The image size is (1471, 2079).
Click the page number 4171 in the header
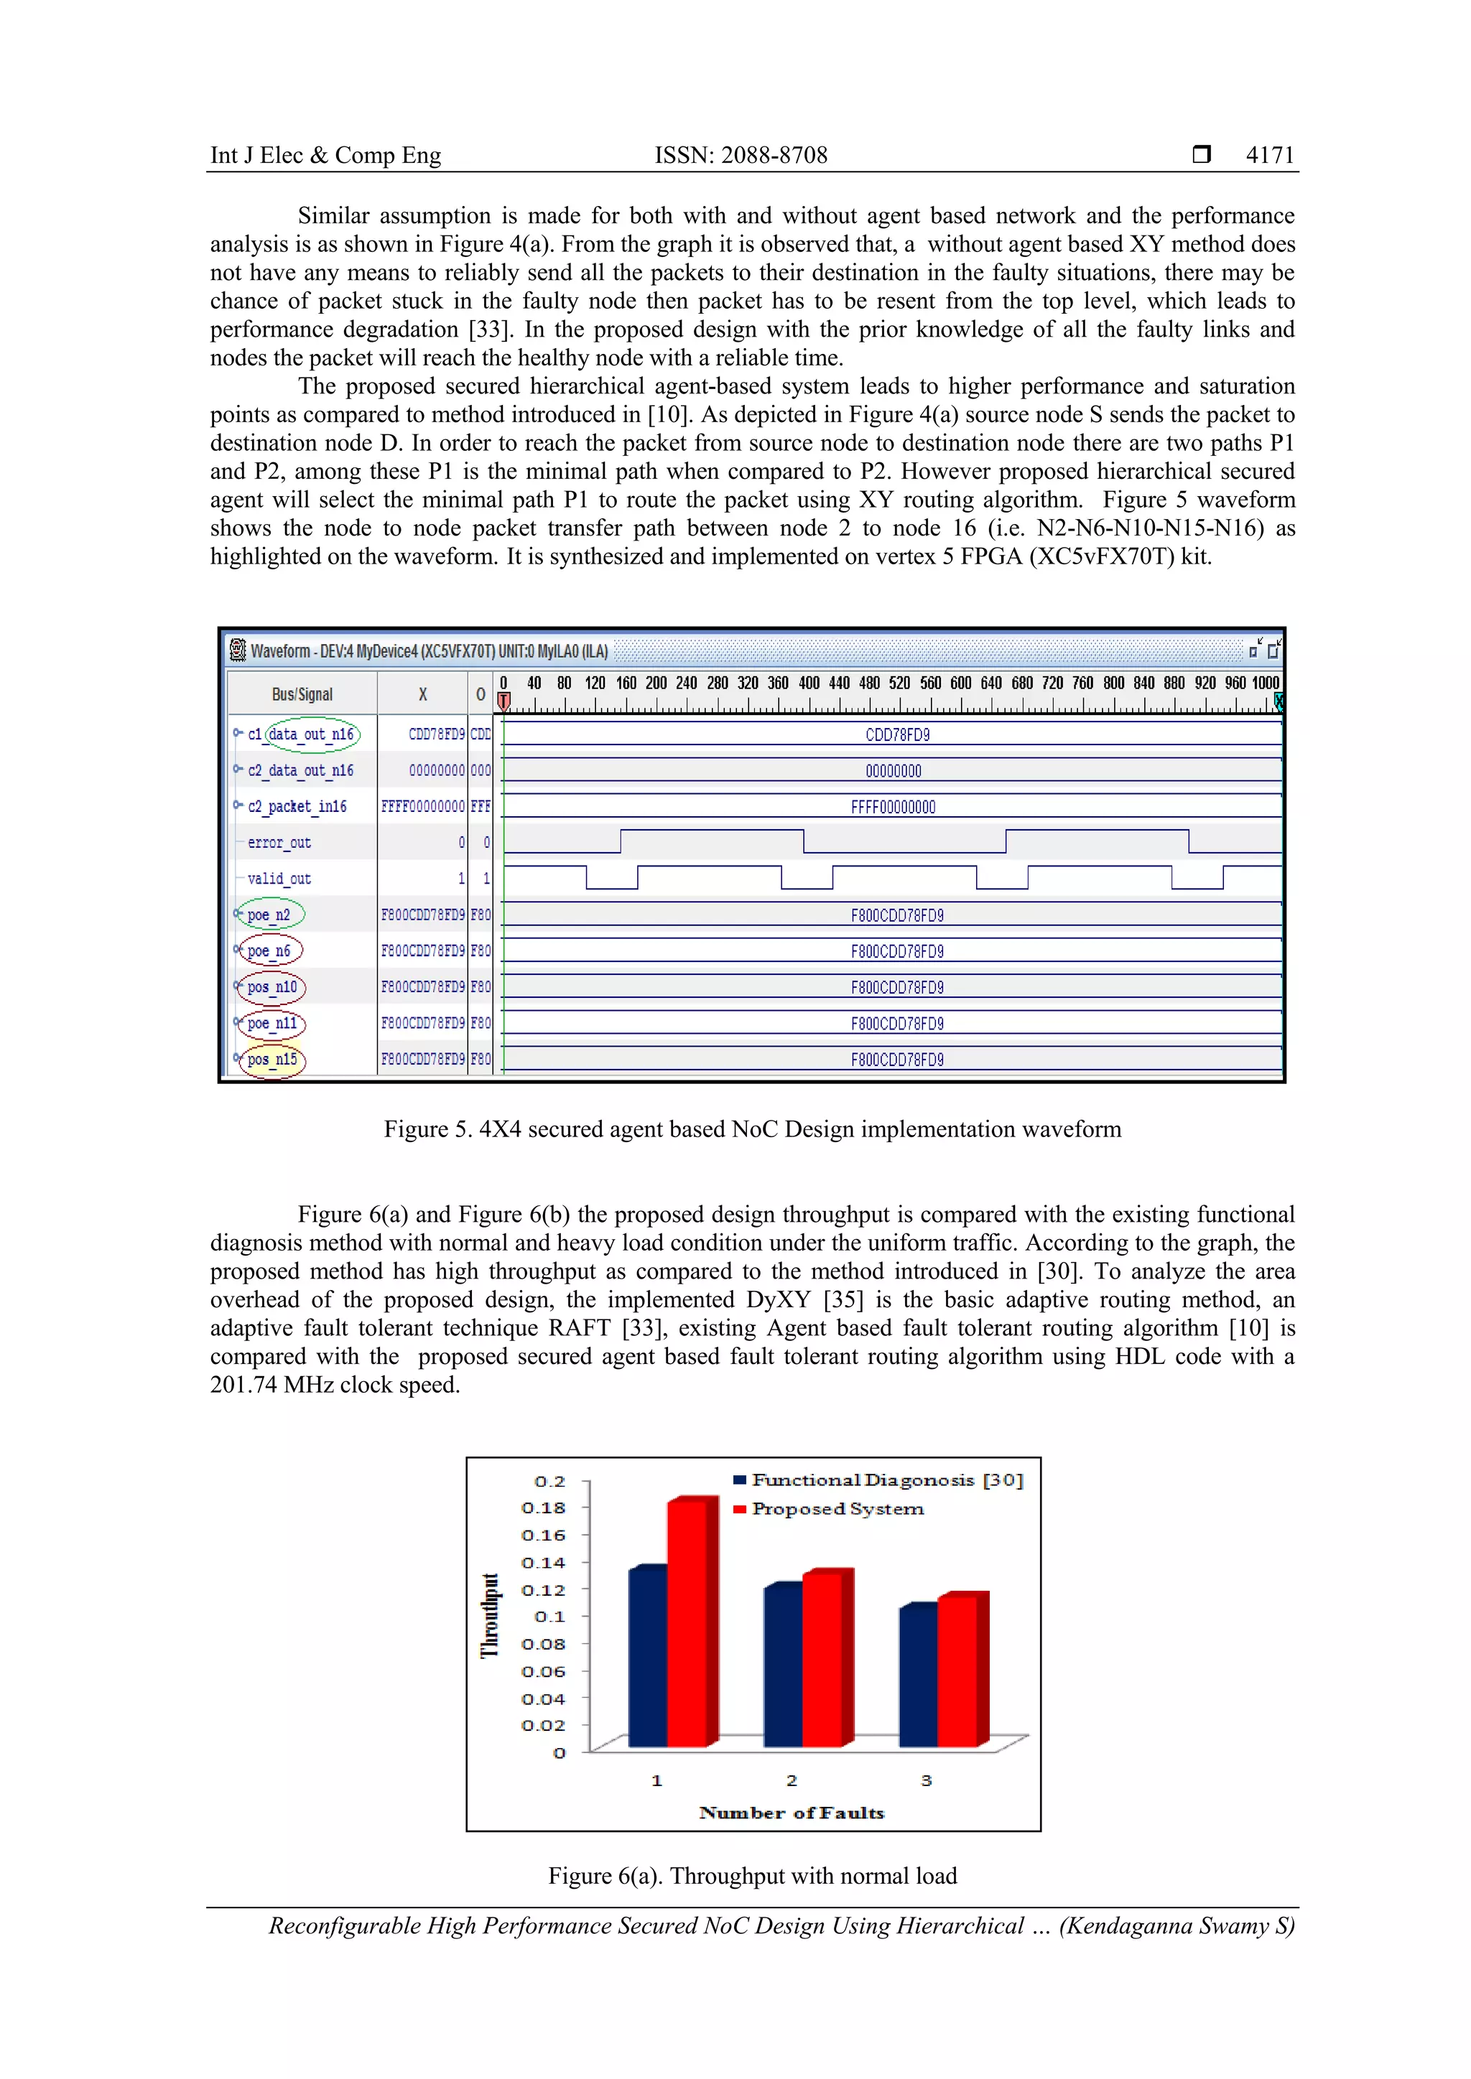(1269, 155)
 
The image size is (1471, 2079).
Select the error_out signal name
(279, 842)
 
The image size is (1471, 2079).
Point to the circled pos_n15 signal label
(272, 1060)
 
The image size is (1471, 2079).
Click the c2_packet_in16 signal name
(297, 806)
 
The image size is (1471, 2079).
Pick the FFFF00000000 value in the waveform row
(892, 807)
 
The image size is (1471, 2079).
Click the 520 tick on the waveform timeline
(899, 683)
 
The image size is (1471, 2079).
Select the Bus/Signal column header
(302, 693)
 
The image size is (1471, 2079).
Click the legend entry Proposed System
(837, 1508)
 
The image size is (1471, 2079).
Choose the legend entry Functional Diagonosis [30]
(886, 1480)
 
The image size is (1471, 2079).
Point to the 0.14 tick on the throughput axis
(544, 1562)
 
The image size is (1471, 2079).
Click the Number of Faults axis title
(791, 1812)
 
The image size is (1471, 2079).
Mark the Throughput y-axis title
(490, 1615)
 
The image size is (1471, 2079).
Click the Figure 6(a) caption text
(752, 1875)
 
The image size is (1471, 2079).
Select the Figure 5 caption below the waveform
(752, 1129)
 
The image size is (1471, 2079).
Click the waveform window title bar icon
(237, 650)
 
